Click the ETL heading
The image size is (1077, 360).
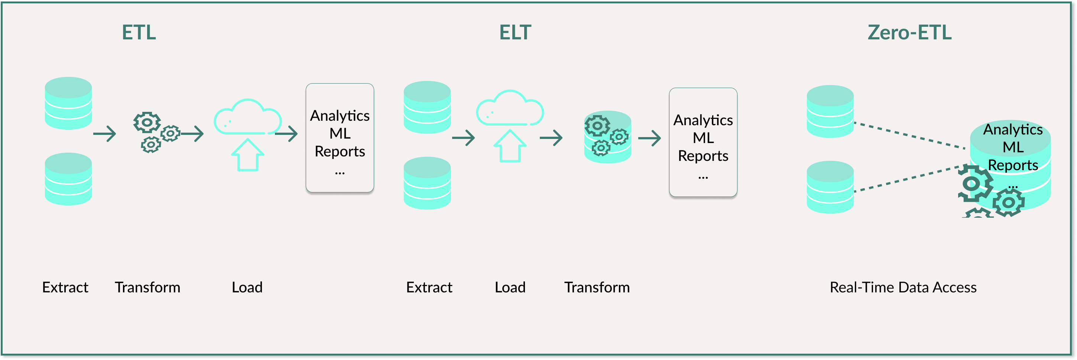coord(139,33)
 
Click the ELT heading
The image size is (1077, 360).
coord(515,33)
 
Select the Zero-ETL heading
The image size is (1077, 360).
coord(909,33)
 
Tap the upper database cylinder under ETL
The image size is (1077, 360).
coord(68,103)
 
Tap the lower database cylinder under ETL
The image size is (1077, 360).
coord(68,179)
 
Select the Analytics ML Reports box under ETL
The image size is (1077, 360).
coord(340,138)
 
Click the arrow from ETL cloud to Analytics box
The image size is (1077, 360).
coord(287,134)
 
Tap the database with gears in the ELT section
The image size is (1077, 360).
coord(607,137)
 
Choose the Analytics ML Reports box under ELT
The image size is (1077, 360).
coord(703,142)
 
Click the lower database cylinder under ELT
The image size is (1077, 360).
coord(427,183)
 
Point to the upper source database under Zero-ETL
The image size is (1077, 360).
coord(830,111)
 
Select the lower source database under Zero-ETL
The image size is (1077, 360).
coord(830,187)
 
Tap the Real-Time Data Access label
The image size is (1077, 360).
coord(903,287)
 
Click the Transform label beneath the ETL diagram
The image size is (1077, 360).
coord(147,287)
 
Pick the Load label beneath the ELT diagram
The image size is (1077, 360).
coord(510,287)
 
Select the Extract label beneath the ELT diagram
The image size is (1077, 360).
coord(429,287)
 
